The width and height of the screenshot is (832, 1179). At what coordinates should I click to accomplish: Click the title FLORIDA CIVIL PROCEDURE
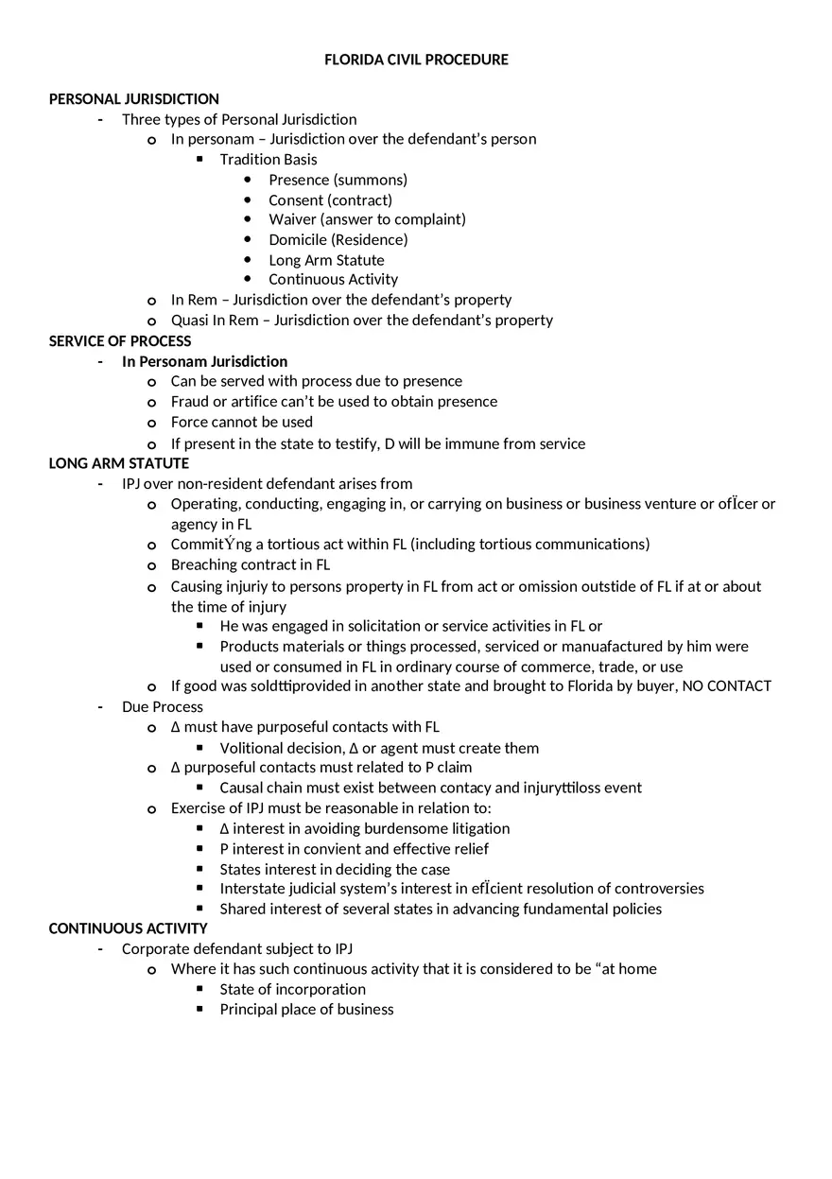click(416, 60)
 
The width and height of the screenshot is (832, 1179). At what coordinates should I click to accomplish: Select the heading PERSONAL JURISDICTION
click(133, 99)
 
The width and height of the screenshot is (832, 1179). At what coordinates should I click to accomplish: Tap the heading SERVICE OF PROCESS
click(120, 341)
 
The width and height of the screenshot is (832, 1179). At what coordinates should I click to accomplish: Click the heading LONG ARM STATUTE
click(119, 463)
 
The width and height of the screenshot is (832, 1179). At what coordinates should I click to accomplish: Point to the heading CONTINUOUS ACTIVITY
click(128, 928)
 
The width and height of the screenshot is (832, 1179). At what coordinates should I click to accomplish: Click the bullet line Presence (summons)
click(338, 180)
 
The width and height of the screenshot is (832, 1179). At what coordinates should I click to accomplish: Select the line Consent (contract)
click(330, 199)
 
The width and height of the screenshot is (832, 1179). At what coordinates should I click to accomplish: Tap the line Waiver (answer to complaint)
click(367, 219)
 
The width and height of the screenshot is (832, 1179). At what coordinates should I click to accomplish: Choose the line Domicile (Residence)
click(338, 239)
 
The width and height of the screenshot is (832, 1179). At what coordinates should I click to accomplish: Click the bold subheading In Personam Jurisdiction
click(204, 361)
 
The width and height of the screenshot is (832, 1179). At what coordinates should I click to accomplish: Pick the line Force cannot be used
click(241, 422)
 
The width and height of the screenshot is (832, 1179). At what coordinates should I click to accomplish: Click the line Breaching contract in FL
click(250, 564)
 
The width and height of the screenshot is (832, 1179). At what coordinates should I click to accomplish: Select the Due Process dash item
click(162, 707)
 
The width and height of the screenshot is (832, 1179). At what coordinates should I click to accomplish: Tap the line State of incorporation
click(292, 989)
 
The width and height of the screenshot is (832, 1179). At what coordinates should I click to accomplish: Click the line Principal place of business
click(306, 1009)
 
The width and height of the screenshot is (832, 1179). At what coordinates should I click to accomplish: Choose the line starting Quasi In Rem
click(361, 320)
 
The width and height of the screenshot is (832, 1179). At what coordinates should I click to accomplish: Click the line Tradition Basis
click(269, 160)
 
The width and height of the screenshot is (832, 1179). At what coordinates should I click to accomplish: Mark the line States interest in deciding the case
click(335, 869)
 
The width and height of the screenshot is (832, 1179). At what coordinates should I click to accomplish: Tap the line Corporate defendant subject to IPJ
click(236, 948)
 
